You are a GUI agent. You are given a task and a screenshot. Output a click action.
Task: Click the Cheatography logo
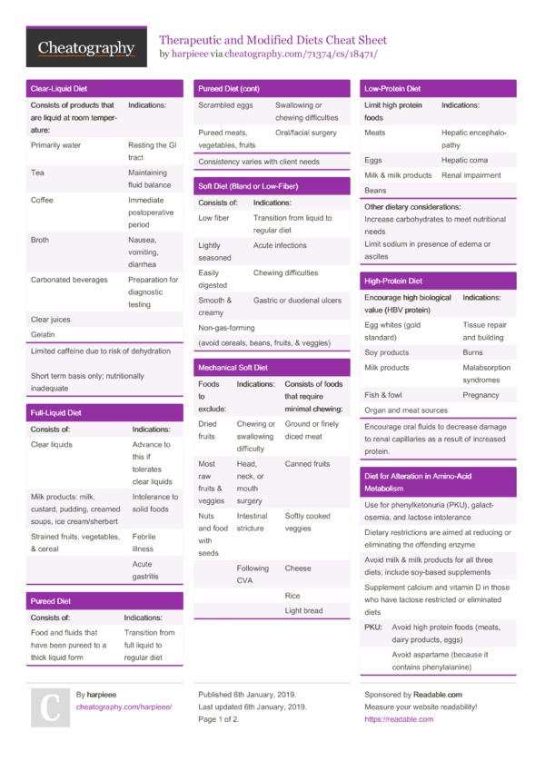[86, 47]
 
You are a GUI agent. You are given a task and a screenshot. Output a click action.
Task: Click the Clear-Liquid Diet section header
[59, 89]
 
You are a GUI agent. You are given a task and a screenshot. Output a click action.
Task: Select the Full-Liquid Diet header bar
[56, 412]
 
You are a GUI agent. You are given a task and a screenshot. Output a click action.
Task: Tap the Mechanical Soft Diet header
[233, 368]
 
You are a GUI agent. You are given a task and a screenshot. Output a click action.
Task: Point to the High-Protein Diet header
[393, 282]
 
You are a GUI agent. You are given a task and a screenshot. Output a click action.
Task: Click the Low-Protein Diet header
[392, 89]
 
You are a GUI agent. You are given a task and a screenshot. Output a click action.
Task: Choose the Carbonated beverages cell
[69, 280]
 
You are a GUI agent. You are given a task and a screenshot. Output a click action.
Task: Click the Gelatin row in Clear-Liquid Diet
[43, 334]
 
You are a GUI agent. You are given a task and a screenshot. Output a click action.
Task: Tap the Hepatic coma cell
[466, 160]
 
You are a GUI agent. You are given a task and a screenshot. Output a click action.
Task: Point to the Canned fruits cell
[307, 464]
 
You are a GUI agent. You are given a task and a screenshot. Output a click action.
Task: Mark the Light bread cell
[303, 611]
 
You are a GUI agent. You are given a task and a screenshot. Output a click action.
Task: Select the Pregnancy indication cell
[481, 395]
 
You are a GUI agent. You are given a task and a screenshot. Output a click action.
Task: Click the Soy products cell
[387, 352]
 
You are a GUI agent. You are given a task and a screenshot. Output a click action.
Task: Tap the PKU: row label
[373, 628]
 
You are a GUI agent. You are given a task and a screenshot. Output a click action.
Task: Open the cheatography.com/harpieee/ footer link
[124, 707]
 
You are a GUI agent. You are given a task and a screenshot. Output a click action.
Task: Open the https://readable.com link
[399, 719]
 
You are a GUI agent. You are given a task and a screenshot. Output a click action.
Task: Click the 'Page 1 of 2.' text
[219, 719]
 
